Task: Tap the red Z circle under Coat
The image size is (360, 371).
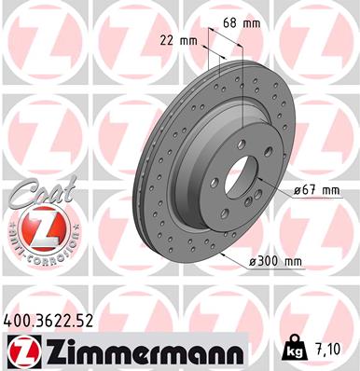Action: (36, 227)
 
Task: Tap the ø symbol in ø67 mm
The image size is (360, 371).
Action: (296, 190)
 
